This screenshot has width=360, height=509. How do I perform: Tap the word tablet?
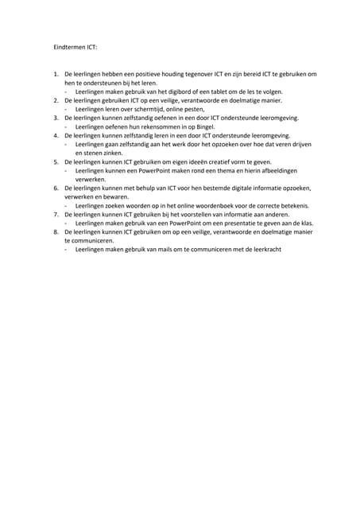click(x=219, y=91)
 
